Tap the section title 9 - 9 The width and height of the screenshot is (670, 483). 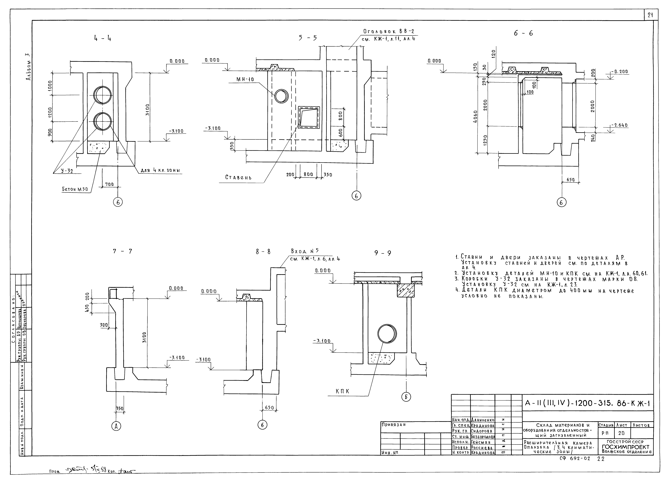point(383,253)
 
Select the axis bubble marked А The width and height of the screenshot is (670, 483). point(116,426)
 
